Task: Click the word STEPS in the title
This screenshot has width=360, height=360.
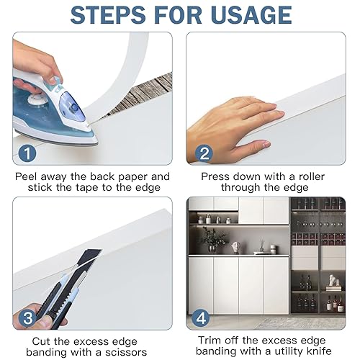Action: [108, 15]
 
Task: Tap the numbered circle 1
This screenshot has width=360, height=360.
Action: [27, 153]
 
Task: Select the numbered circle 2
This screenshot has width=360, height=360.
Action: [204, 153]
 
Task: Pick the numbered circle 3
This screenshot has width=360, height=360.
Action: [27, 318]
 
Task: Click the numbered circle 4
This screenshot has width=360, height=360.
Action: [201, 318]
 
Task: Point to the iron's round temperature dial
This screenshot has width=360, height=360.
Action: [37, 99]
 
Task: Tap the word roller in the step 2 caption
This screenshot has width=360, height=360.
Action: [312, 176]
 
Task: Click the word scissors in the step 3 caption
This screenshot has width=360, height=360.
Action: [126, 352]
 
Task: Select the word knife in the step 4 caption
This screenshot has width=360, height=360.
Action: [318, 351]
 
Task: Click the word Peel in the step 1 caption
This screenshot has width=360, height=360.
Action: [26, 176]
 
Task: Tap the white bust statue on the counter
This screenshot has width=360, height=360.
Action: [235, 248]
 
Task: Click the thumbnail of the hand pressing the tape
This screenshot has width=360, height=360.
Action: [266, 99]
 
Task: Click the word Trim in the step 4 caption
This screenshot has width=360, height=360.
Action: [208, 341]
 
